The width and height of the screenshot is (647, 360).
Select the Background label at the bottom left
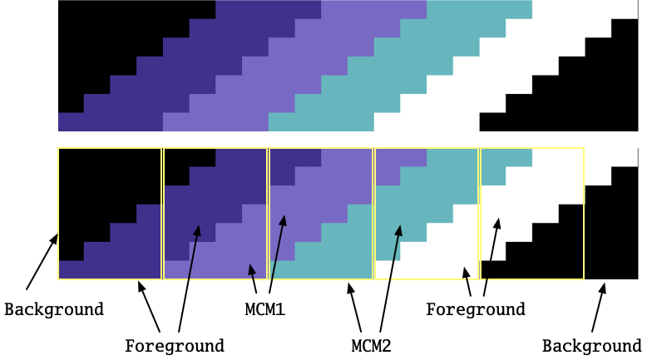coord(54,309)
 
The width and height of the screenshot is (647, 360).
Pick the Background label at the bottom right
coord(591,345)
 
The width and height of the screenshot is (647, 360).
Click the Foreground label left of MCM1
coord(175,345)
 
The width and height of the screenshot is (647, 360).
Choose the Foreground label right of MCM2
coord(476,309)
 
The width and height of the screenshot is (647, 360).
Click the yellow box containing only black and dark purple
coord(110,214)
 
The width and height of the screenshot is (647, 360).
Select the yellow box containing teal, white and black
coord(532,214)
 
